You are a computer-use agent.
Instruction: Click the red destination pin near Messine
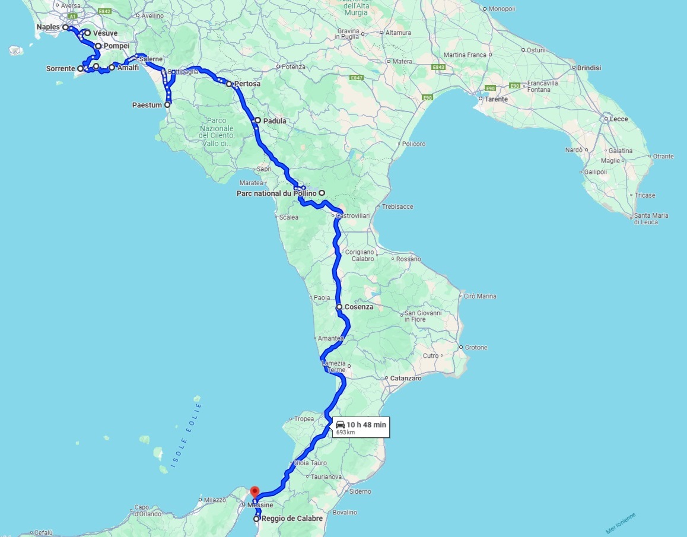click(255, 492)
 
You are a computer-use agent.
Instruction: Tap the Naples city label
click(48, 27)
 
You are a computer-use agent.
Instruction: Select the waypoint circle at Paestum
click(167, 104)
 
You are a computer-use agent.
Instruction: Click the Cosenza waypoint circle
click(339, 307)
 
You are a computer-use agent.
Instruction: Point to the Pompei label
click(116, 46)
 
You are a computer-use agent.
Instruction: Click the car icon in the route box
click(340, 424)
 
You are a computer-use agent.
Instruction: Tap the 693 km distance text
click(345, 433)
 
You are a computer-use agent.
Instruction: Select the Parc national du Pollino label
click(276, 193)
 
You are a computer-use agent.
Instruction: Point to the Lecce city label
click(619, 119)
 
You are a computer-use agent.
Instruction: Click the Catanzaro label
click(406, 378)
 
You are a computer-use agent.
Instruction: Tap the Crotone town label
click(476, 347)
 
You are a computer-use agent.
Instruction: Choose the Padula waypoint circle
click(257, 120)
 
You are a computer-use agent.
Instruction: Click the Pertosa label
click(247, 84)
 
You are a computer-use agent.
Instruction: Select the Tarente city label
click(496, 99)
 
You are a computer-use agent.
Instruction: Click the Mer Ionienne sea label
click(621, 523)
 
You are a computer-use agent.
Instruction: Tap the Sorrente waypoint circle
click(80, 69)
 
